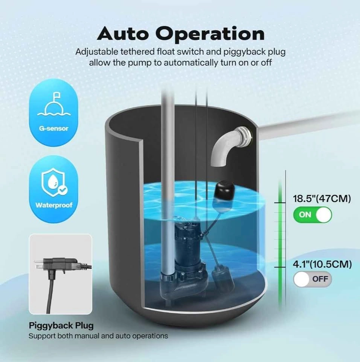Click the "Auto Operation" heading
point(181,34)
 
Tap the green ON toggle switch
point(313,215)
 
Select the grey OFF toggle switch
point(313,279)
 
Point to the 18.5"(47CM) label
point(322,199)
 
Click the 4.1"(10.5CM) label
point(322,264)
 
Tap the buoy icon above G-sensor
point(54,104)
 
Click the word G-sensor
point(53,129)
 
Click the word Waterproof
point(54,205)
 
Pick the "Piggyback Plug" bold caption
point(61,325)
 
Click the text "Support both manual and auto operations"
point(98,336)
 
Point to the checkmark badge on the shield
point(62,190)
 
